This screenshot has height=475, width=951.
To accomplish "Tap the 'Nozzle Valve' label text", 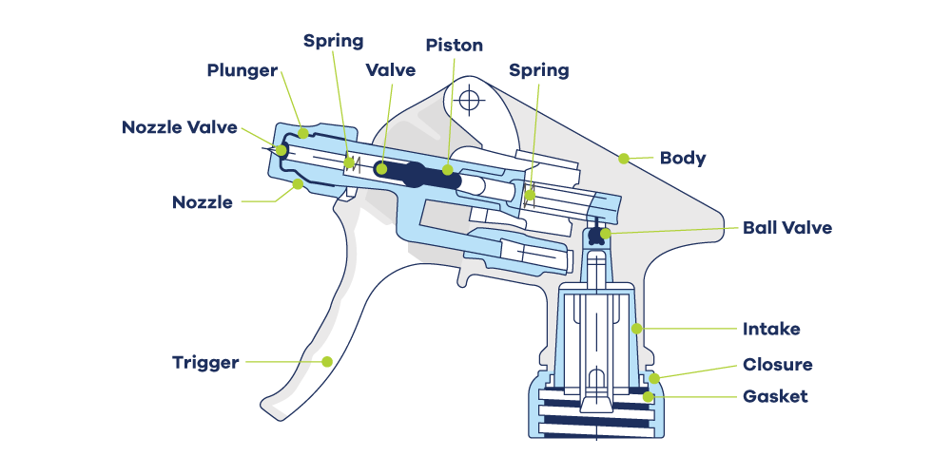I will (180, 127).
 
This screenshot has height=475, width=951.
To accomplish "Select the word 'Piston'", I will (454, 45).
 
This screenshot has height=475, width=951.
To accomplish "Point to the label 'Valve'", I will (390, 70).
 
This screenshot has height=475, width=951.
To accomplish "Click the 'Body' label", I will (683, 158).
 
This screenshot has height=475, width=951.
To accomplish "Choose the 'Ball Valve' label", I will (787, 228).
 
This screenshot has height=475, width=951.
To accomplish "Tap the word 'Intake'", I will (771, 330).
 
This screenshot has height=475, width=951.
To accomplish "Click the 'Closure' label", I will (777, 365).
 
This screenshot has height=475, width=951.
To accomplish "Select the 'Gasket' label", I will (775, 396).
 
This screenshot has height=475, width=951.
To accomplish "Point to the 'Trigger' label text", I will (205, 362).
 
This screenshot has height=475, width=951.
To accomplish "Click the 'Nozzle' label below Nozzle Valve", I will (203, 202).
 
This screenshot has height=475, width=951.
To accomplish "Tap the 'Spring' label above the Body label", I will (538, 70).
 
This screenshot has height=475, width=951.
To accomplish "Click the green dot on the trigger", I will (327, 361).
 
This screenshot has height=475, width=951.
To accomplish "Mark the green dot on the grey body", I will (624, 158).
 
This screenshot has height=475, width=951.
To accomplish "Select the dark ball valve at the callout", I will (597, 234).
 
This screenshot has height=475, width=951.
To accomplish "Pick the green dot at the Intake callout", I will (636, 330).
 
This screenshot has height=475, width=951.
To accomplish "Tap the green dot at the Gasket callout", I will (650, 396).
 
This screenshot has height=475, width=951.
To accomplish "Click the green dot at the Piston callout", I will (448, 170).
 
